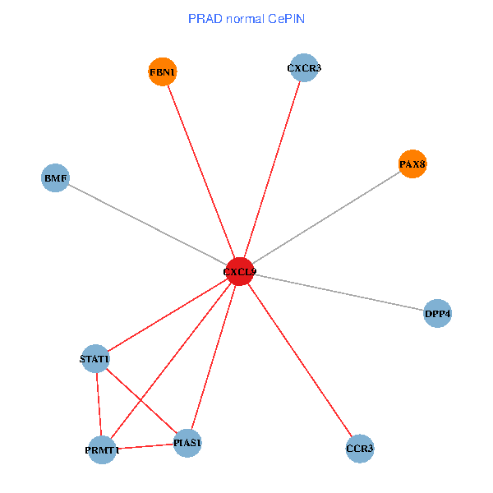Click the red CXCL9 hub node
click(239, 271)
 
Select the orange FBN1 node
click(163, 72)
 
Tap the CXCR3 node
click(304, 68)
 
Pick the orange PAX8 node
click(412, 164)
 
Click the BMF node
click(55, 177)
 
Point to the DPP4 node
click(438, 313)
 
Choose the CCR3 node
click(360, 449)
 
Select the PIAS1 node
click(187, 444)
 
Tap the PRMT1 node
click(102, 449)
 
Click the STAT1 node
click(95, 359)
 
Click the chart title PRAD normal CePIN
click(246, 18)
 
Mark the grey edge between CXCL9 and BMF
click(147, 224)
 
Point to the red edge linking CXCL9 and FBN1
click(200, 172)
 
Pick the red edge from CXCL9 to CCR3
click(299, 360)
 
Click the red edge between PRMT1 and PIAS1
click(145, 447)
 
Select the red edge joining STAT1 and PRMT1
click(99, 404)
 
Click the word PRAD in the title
click(203, 18)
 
